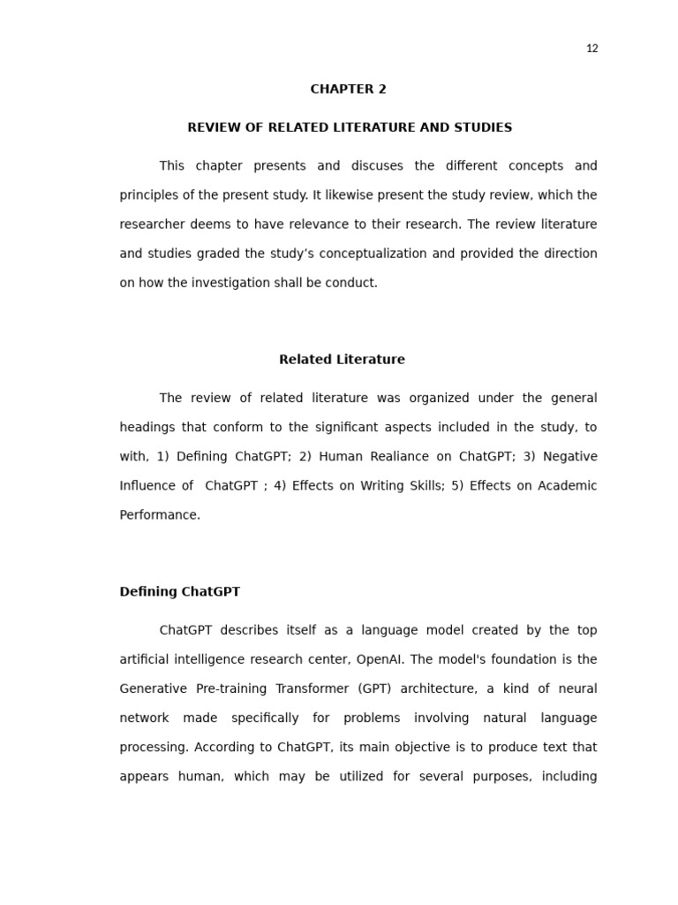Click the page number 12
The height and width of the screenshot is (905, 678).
tap(591, 49)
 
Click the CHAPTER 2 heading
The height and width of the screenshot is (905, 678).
tap(348, 89)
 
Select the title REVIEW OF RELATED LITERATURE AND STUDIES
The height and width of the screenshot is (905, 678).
tap(350, 128)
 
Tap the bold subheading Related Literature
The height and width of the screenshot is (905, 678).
tap(342, 360)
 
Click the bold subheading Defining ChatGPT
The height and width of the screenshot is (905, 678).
tap(179, 592)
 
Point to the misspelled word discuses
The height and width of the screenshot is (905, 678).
tap(376, 166)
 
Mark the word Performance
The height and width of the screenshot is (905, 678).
tap(160, 515)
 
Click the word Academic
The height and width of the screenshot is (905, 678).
tap(566, 486)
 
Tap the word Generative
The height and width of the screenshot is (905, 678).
tap(153, 688)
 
